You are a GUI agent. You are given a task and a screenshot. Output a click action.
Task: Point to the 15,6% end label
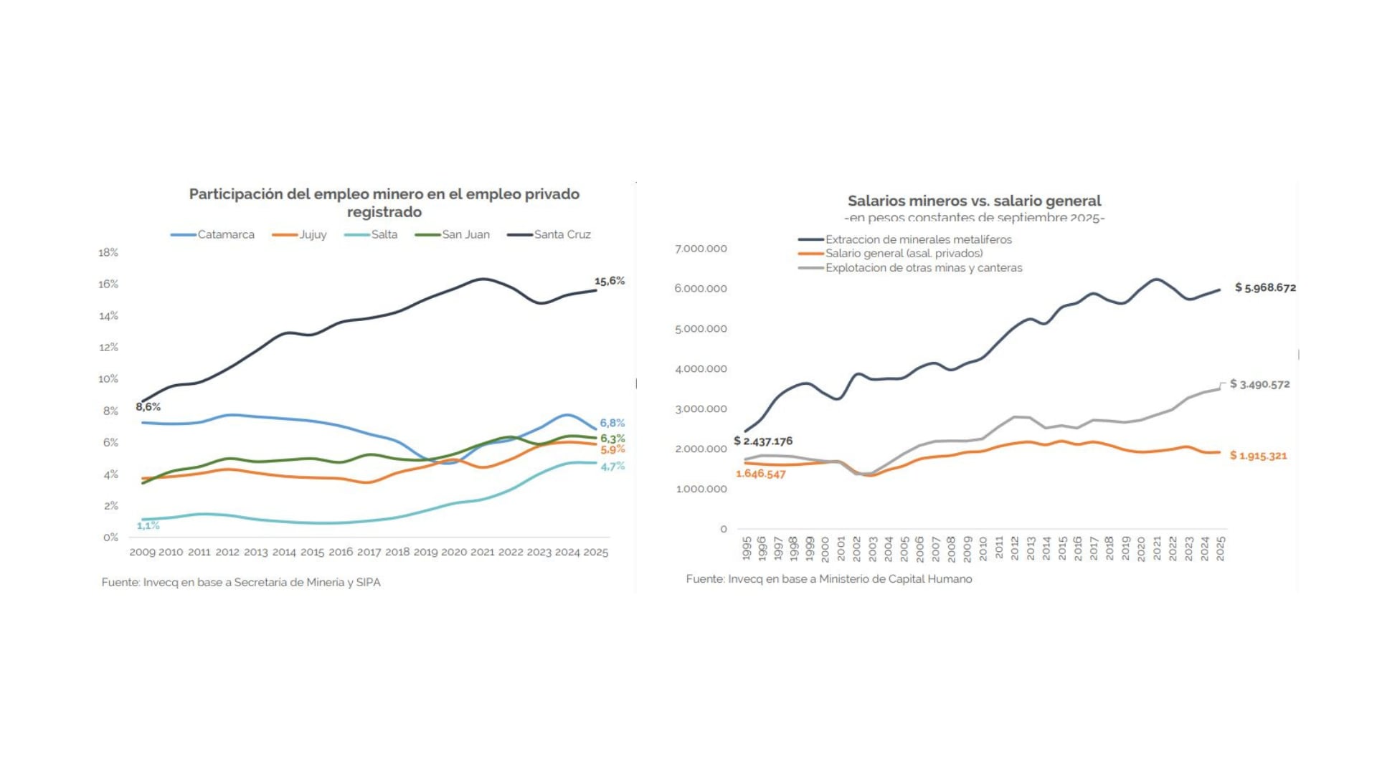(x=609, y=281)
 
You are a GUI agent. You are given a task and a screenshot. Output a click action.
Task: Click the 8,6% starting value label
(x=148, y=406)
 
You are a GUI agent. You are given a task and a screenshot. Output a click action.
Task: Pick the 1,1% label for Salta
(x=148, y=525)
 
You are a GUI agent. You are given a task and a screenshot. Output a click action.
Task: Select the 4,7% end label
(x=612, y=466)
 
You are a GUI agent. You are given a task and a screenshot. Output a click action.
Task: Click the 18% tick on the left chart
(x=108, y=252)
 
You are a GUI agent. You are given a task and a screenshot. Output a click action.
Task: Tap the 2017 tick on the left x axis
(x=369, y=552)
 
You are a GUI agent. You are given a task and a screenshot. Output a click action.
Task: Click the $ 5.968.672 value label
(x=1265, y=287)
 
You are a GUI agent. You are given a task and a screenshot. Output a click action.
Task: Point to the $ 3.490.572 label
(x=1259, y=384)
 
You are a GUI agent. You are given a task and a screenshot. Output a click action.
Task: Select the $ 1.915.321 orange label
(x=1258, y=455)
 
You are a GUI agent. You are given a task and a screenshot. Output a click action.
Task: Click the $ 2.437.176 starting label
(x=763, y=441)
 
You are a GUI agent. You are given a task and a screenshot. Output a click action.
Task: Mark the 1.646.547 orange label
(x=760, y=474)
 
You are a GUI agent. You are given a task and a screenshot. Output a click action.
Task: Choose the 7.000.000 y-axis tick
(x=701, y=249)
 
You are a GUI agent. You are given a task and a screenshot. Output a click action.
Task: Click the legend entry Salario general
(x=903, y=253)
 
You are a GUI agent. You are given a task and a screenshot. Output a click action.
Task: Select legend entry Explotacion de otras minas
(x=923, y=267)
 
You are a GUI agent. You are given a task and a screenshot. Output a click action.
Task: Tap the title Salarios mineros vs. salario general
(x=974, y=201)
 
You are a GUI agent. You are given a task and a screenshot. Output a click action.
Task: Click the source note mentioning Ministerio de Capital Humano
(x=828, y=578)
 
